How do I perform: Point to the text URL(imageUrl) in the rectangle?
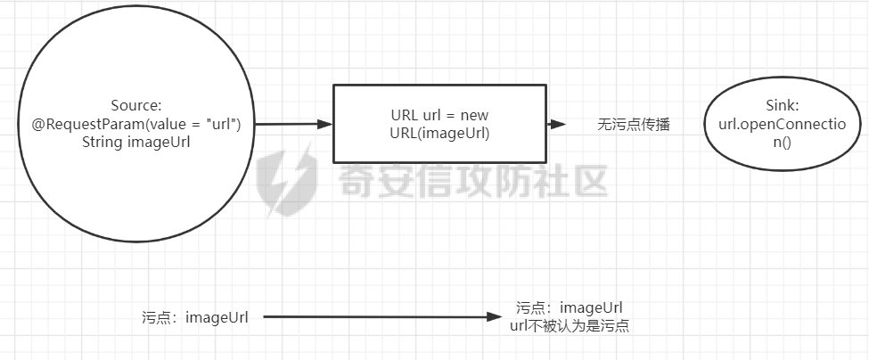[x=439, y=133]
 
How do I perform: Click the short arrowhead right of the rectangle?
[x=559, y=126]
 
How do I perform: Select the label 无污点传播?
[x=633, y=126]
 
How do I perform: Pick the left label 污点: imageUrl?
[x=195, y=317]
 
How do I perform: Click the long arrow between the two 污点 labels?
[x=374, y=317]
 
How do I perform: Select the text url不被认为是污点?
[x=570, y=326]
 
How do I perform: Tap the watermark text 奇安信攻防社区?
[x=472, y=182]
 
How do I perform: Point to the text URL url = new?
[x=439, y=116]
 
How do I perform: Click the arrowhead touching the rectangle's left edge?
[x=326, y=126]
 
